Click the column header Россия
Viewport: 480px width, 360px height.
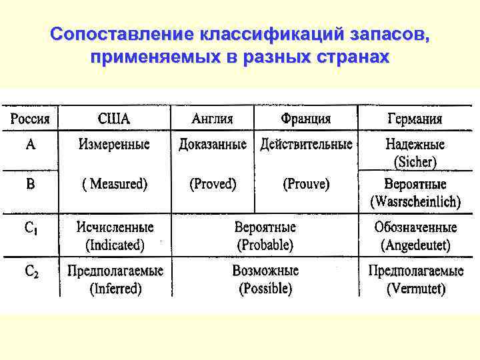(29, 119)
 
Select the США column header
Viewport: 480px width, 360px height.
(114, 119)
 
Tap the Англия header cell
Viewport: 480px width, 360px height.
(212, 119)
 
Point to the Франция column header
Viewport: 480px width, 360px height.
(305, 119)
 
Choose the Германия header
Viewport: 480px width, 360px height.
(415, 120)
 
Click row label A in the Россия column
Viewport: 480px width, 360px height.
(31, 144)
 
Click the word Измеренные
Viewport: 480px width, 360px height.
(114, 144)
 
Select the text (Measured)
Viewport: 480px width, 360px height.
(114, 184)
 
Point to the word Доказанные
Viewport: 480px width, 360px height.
(212, 144)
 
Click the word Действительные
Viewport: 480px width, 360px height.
(306, 144)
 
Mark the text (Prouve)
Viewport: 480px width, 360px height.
(306, 184)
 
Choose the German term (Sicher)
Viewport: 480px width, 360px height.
(415, 161)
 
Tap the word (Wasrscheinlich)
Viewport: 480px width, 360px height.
(415, 200)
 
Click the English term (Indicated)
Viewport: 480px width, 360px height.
(115, 245)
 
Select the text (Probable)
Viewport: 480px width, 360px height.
(265, 245)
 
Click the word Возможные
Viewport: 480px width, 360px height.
(265, 271)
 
